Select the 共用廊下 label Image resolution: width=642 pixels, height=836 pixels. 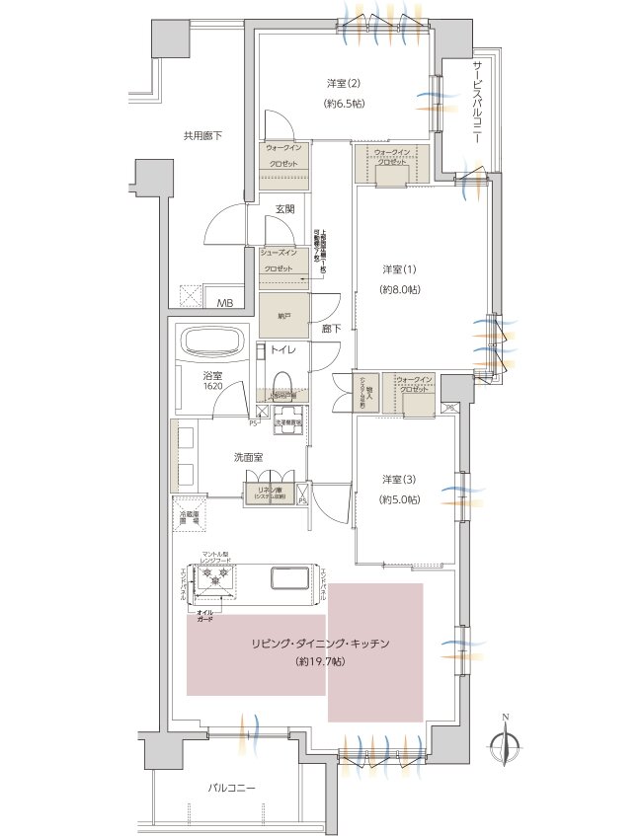click(202, 136)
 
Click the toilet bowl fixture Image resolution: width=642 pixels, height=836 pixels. click(281, 380)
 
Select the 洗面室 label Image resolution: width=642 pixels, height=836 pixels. click(248, 458)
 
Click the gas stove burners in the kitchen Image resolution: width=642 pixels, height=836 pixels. click(214, 584)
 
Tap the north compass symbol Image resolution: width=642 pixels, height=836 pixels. click(505, 745)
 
